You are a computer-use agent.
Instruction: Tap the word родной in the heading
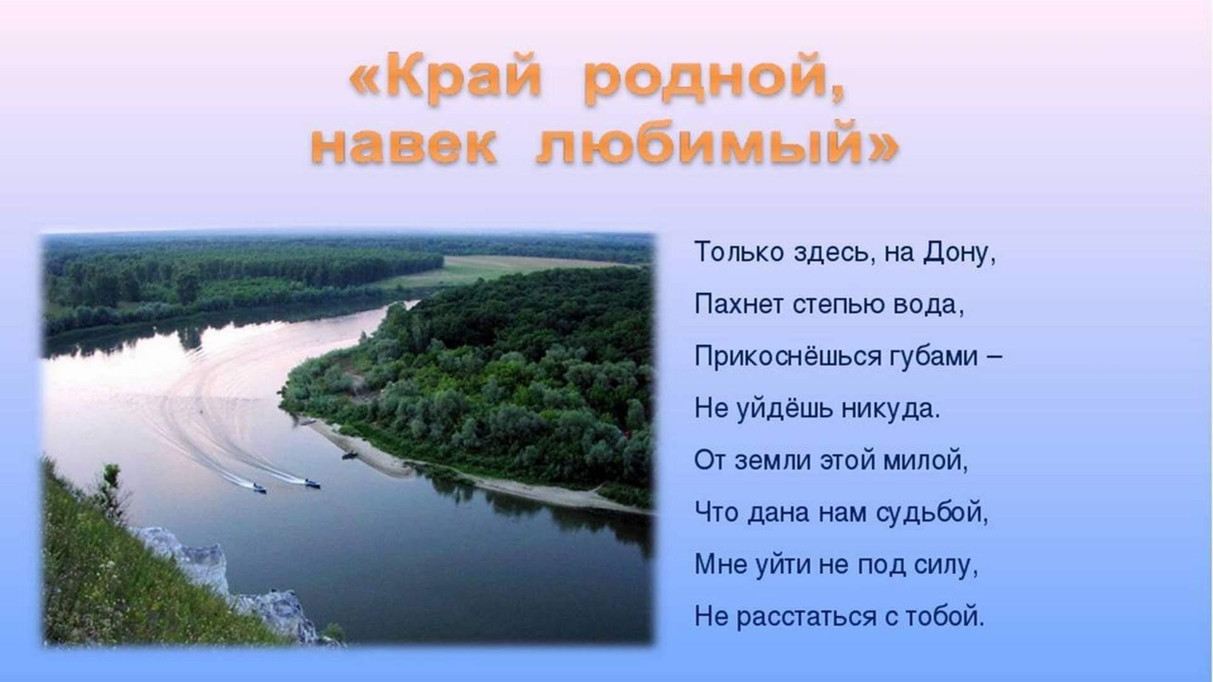pos(715,82)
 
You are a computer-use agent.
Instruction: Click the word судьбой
pos(932,513)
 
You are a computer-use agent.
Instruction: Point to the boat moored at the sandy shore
pos(349,454)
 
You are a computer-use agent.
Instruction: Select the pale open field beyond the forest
pos(505,268)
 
